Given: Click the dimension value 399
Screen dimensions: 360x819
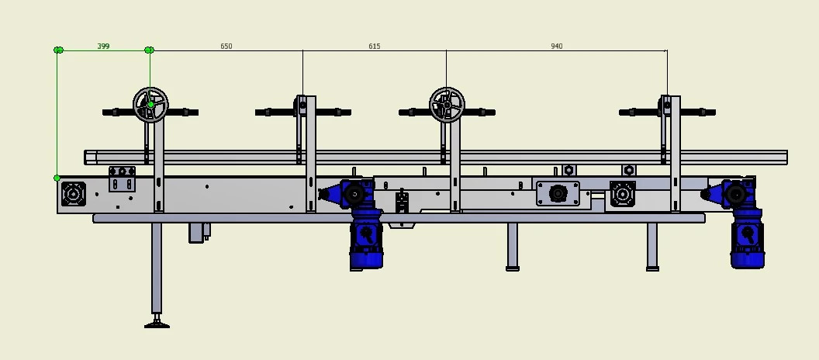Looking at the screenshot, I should click(103, 47).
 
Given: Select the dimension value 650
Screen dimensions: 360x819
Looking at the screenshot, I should click(226, 47).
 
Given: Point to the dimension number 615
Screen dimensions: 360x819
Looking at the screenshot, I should click(375, 47).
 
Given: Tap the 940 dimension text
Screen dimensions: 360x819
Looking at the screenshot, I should click(557, 47).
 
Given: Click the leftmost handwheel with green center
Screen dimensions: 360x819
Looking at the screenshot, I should click(150, 105).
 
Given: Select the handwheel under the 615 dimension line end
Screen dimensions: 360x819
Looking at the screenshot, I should click(447, 104).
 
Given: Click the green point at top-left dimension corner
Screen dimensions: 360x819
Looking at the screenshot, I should click(58, 50).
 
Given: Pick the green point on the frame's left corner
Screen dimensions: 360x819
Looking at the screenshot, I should click(57, 178).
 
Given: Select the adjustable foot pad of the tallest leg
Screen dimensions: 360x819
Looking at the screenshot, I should click(157, 323).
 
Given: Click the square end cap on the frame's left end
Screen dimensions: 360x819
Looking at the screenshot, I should click(74, 194).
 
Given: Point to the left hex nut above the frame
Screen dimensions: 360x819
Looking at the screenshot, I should click(568, 170).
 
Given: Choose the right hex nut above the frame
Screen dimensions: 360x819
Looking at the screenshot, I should click(629, 170).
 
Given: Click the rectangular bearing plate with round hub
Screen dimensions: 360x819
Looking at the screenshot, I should click(558, 193).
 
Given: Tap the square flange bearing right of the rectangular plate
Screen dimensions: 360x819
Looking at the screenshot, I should click(623, 194).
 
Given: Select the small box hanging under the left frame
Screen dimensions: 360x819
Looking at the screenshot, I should click(199, 232).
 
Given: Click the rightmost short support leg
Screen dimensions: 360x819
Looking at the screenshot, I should click(652, 247).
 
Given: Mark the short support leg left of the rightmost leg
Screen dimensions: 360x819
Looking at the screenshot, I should click(513, 247).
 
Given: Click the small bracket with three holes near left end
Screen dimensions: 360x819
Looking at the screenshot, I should click(122, 178).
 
